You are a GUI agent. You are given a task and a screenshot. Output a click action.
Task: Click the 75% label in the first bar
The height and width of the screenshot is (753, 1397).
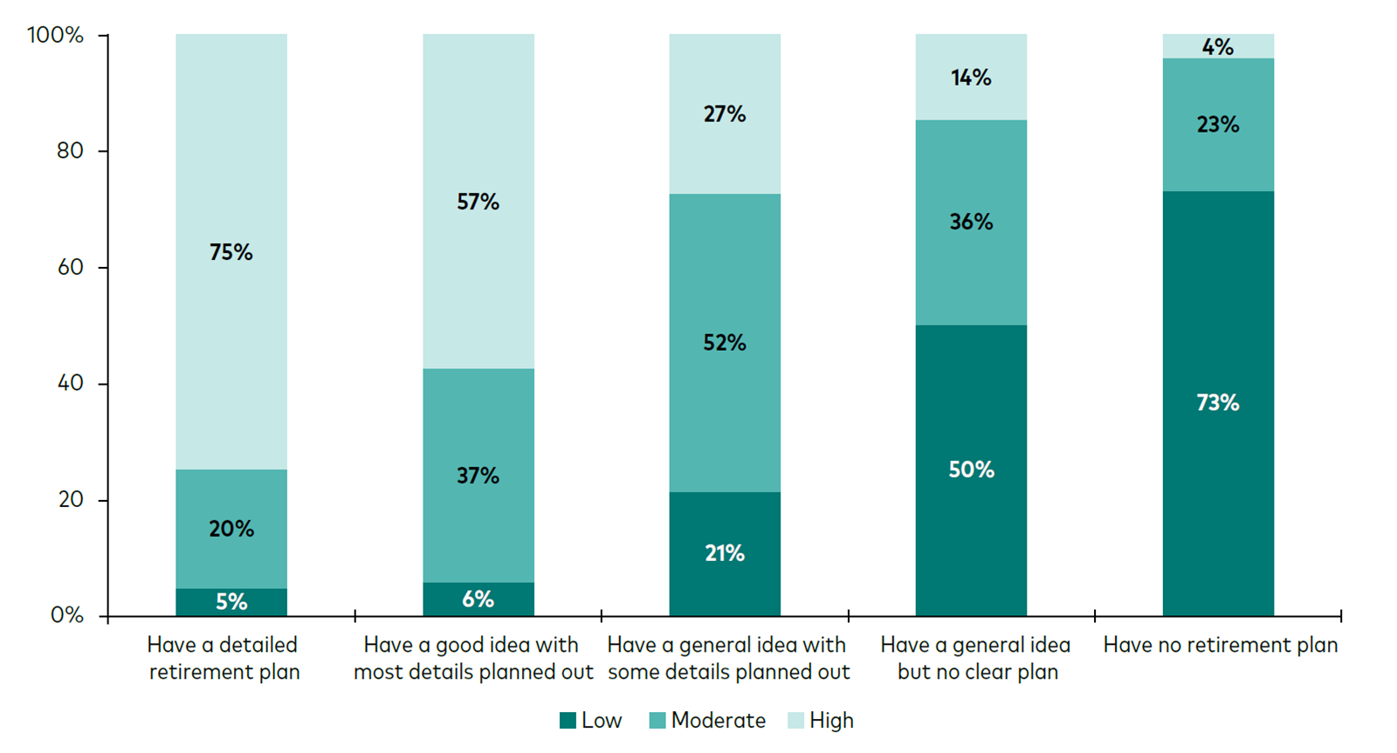pos(231,252)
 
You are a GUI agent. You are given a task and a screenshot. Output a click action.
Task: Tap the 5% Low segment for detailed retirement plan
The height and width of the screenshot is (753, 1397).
pos(231,602)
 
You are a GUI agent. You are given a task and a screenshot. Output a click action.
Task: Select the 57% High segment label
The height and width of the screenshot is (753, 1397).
pos(478,202)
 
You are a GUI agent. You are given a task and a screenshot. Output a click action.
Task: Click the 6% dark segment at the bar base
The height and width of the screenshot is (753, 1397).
pos(478,599)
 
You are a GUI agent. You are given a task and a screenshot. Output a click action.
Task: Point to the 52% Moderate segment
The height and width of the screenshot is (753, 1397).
pos(725,343)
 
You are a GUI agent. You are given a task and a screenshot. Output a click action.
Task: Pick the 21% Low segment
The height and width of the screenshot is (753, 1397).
pos(725,554)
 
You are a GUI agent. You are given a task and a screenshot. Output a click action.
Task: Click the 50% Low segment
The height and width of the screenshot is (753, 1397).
pos(971,470)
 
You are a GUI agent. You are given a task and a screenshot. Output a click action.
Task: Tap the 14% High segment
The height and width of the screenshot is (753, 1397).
pos(971,78)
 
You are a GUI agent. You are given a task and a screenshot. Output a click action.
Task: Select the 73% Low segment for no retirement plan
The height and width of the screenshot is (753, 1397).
pos(1218,403)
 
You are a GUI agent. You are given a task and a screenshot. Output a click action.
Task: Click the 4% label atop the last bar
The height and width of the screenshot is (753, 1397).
pos(1218,47)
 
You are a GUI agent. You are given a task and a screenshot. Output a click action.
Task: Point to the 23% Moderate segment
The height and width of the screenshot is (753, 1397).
pos(1218,125)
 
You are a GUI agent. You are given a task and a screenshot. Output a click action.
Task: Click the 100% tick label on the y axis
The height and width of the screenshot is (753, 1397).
pos(55,35)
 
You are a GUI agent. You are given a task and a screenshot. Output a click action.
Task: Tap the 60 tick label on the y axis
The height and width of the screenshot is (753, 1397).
pos(70,267)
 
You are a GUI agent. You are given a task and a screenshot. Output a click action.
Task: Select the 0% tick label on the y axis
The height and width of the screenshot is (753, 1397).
pos(66,615)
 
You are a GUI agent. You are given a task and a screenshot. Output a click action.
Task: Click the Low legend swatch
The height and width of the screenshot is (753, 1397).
pos(568,721)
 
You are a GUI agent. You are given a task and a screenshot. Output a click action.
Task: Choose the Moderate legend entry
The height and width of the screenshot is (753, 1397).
pos(707,721)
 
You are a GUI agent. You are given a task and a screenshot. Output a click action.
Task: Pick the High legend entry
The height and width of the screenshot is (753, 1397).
pos(820,721)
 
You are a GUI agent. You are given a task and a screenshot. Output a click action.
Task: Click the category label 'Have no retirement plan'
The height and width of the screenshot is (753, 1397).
pos(1221,645)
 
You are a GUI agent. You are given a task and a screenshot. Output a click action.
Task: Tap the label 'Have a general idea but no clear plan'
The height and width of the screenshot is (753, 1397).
pos(976,658)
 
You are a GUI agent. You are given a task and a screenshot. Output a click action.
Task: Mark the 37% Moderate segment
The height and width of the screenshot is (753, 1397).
pos(478,476)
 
